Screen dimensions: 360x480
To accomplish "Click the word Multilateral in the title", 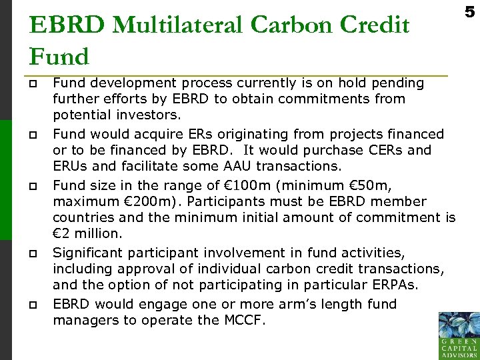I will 175,25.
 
